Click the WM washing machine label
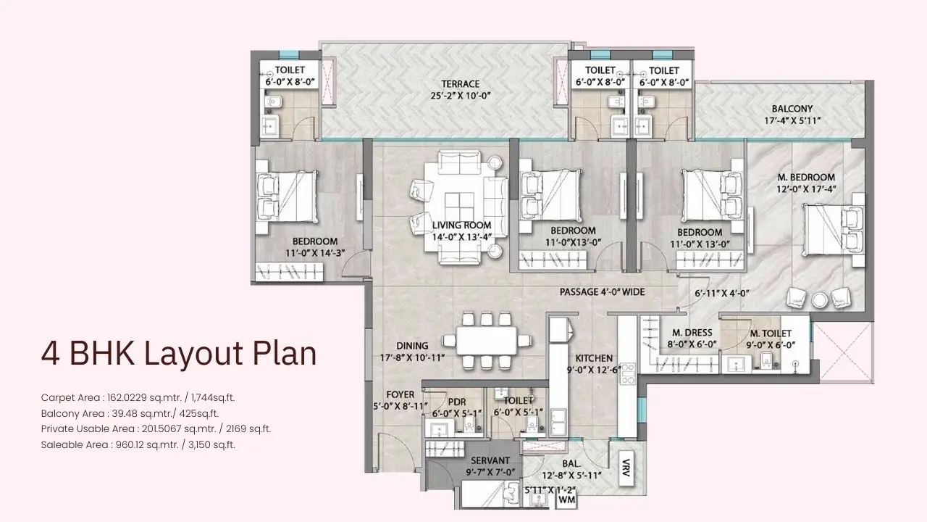pos(567,500)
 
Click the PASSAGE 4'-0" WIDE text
pos(602,292)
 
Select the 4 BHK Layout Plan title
pos(179,354)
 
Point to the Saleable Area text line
pos(138,444)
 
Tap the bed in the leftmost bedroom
pos(286,196)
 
